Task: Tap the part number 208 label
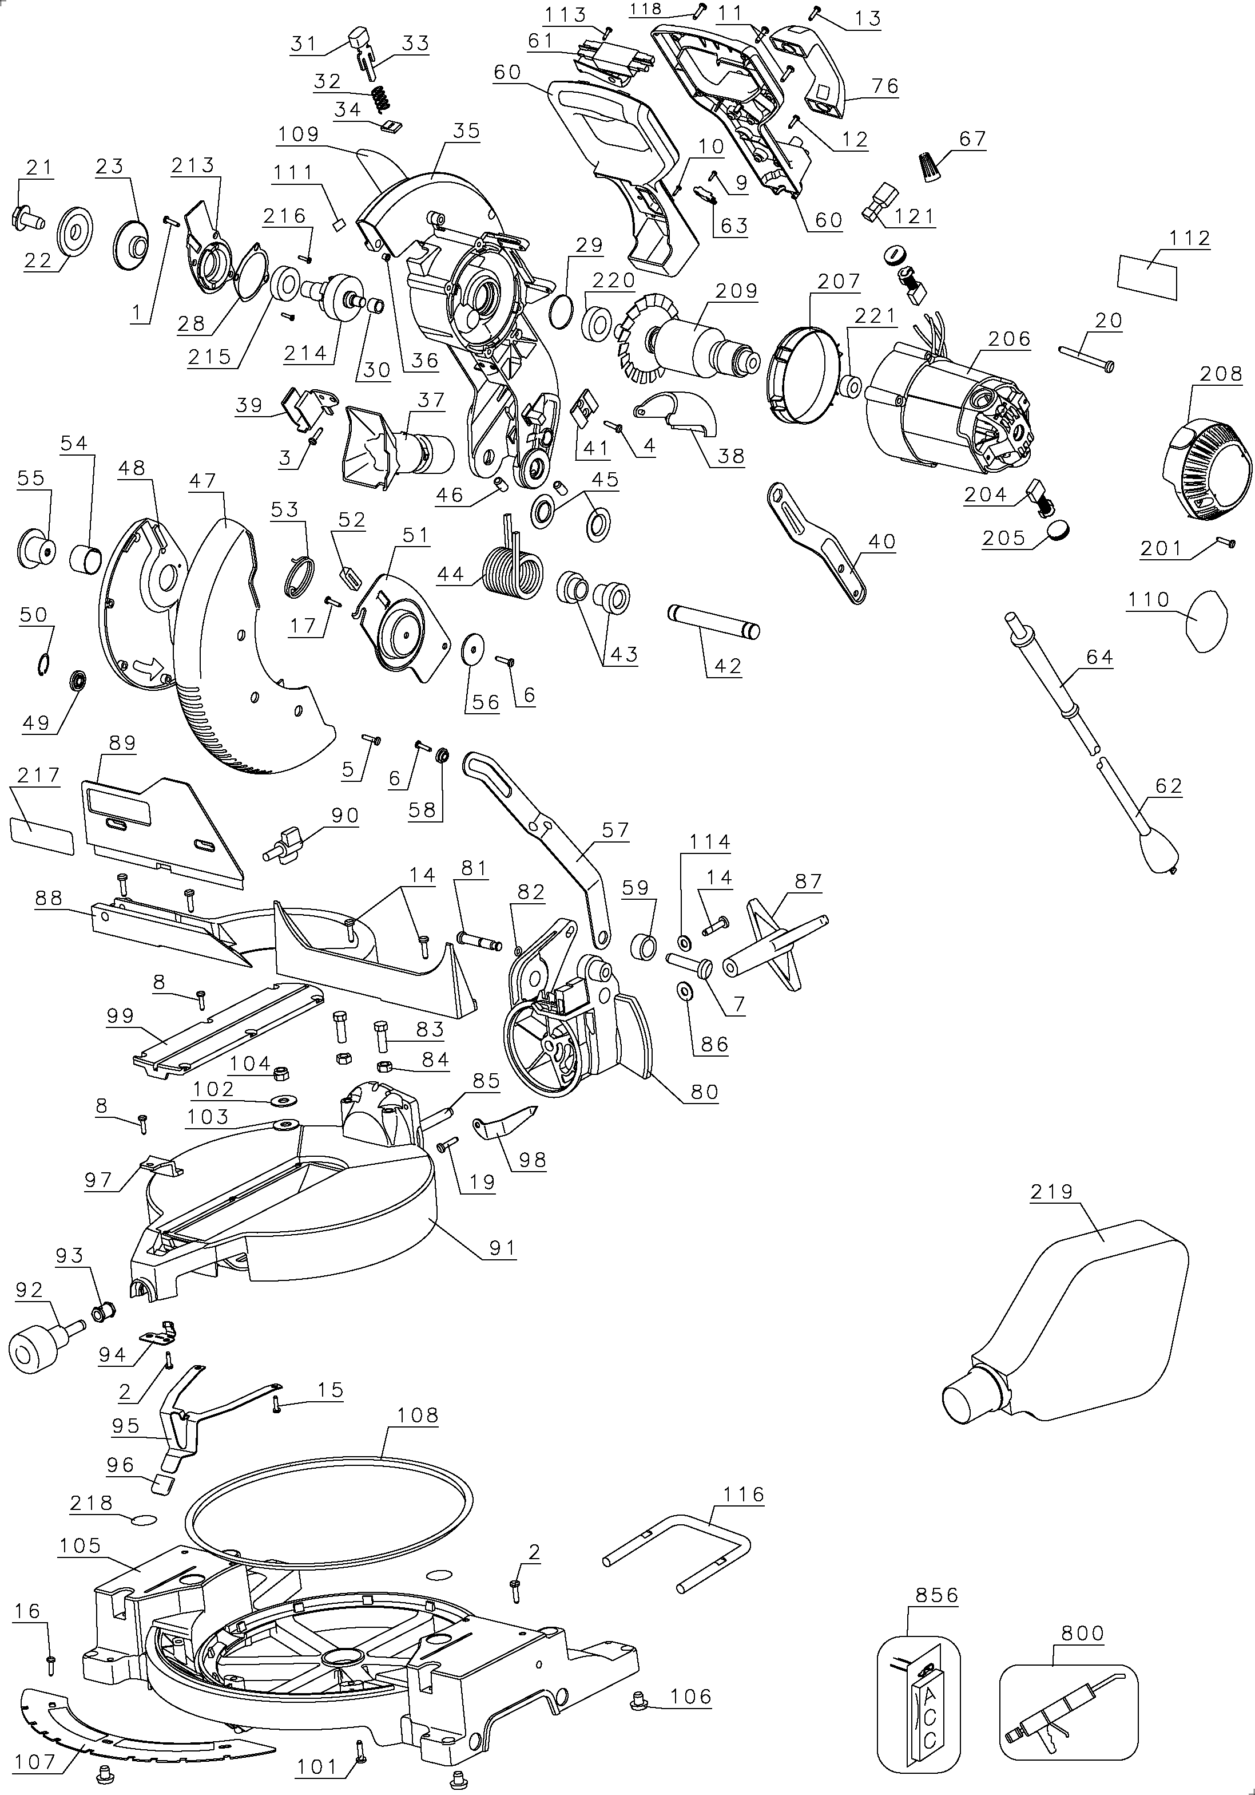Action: (1221, 374)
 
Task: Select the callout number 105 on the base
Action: (81, 1545)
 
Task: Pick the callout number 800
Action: (1082, 1633)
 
